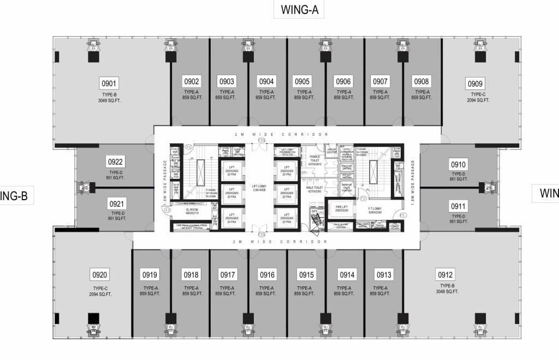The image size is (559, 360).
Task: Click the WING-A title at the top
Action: click(x=299, y=9)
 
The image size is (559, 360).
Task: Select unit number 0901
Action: click(x=109, y=83)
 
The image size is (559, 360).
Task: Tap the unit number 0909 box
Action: click(x=475, y=83)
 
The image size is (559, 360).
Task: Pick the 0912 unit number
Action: click(x=445, y=274)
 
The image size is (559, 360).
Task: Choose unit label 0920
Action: click(x=100, y=274)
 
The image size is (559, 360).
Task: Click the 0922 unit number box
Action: click(x=116, y=162)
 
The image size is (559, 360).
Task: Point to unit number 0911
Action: click(x=458, y=206)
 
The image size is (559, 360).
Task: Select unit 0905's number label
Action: click(x=302, y=81)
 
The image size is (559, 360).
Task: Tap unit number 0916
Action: click(x=267, y=274)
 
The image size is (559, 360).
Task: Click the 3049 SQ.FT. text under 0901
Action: click(x=109, y=100)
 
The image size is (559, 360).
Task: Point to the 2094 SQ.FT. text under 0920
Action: click(x=100, y=295)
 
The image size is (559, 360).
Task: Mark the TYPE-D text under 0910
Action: click(x=459, y=174)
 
